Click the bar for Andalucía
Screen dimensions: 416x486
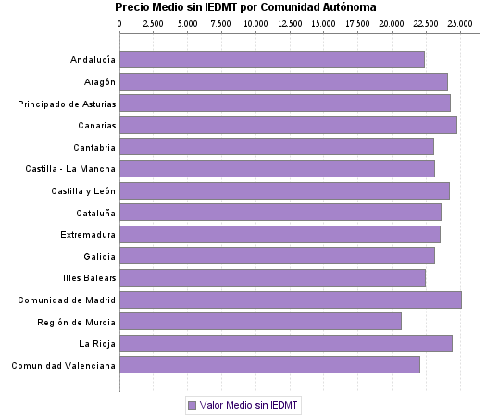click(x=272, y=60)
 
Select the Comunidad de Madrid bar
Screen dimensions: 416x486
click(x=291, y=300)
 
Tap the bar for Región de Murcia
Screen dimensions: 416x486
click(x=260, y=322)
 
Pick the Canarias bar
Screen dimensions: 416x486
click(x=288, y=126)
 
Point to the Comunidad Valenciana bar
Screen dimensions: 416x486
click(x=269, y=365)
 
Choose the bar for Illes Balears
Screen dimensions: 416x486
click(x=272, y=278)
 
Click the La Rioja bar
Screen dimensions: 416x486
click(x=286, y=344)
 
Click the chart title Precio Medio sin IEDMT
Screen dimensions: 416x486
click(x=245, y=7)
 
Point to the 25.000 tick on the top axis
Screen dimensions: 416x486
click(x=460, y=22)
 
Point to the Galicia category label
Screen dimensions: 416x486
click(x=99, y=256)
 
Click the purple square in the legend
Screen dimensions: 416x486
click(x=193, y=405)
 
